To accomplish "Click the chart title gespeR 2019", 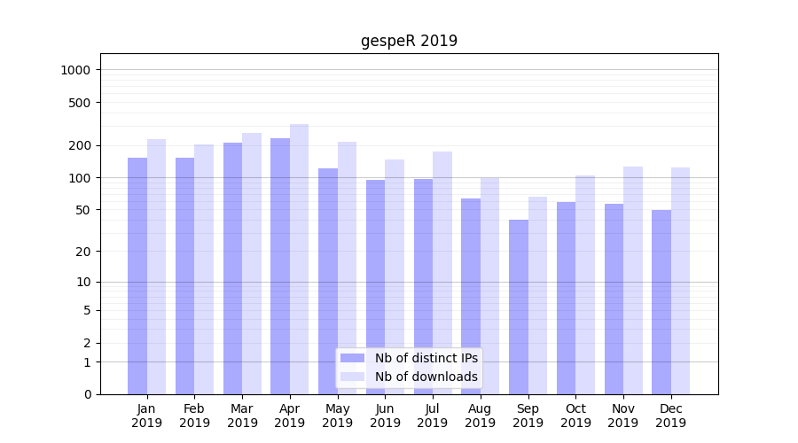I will point(409,41).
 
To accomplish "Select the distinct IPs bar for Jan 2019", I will point(137,276).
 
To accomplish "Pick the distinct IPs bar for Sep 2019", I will point(519,307).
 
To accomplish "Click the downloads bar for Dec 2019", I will point(680,280).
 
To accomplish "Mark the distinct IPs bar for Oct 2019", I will point(567,298).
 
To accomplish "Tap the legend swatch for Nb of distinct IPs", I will point(352,358).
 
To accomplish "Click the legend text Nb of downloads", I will point(426,377).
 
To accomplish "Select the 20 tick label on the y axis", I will point(82,252).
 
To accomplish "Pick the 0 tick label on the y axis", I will point(87,394).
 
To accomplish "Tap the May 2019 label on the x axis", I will point(337,416).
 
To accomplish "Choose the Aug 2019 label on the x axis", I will point(480,416).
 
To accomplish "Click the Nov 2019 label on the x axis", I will point(623,416).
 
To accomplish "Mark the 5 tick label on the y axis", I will point(87,310).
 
